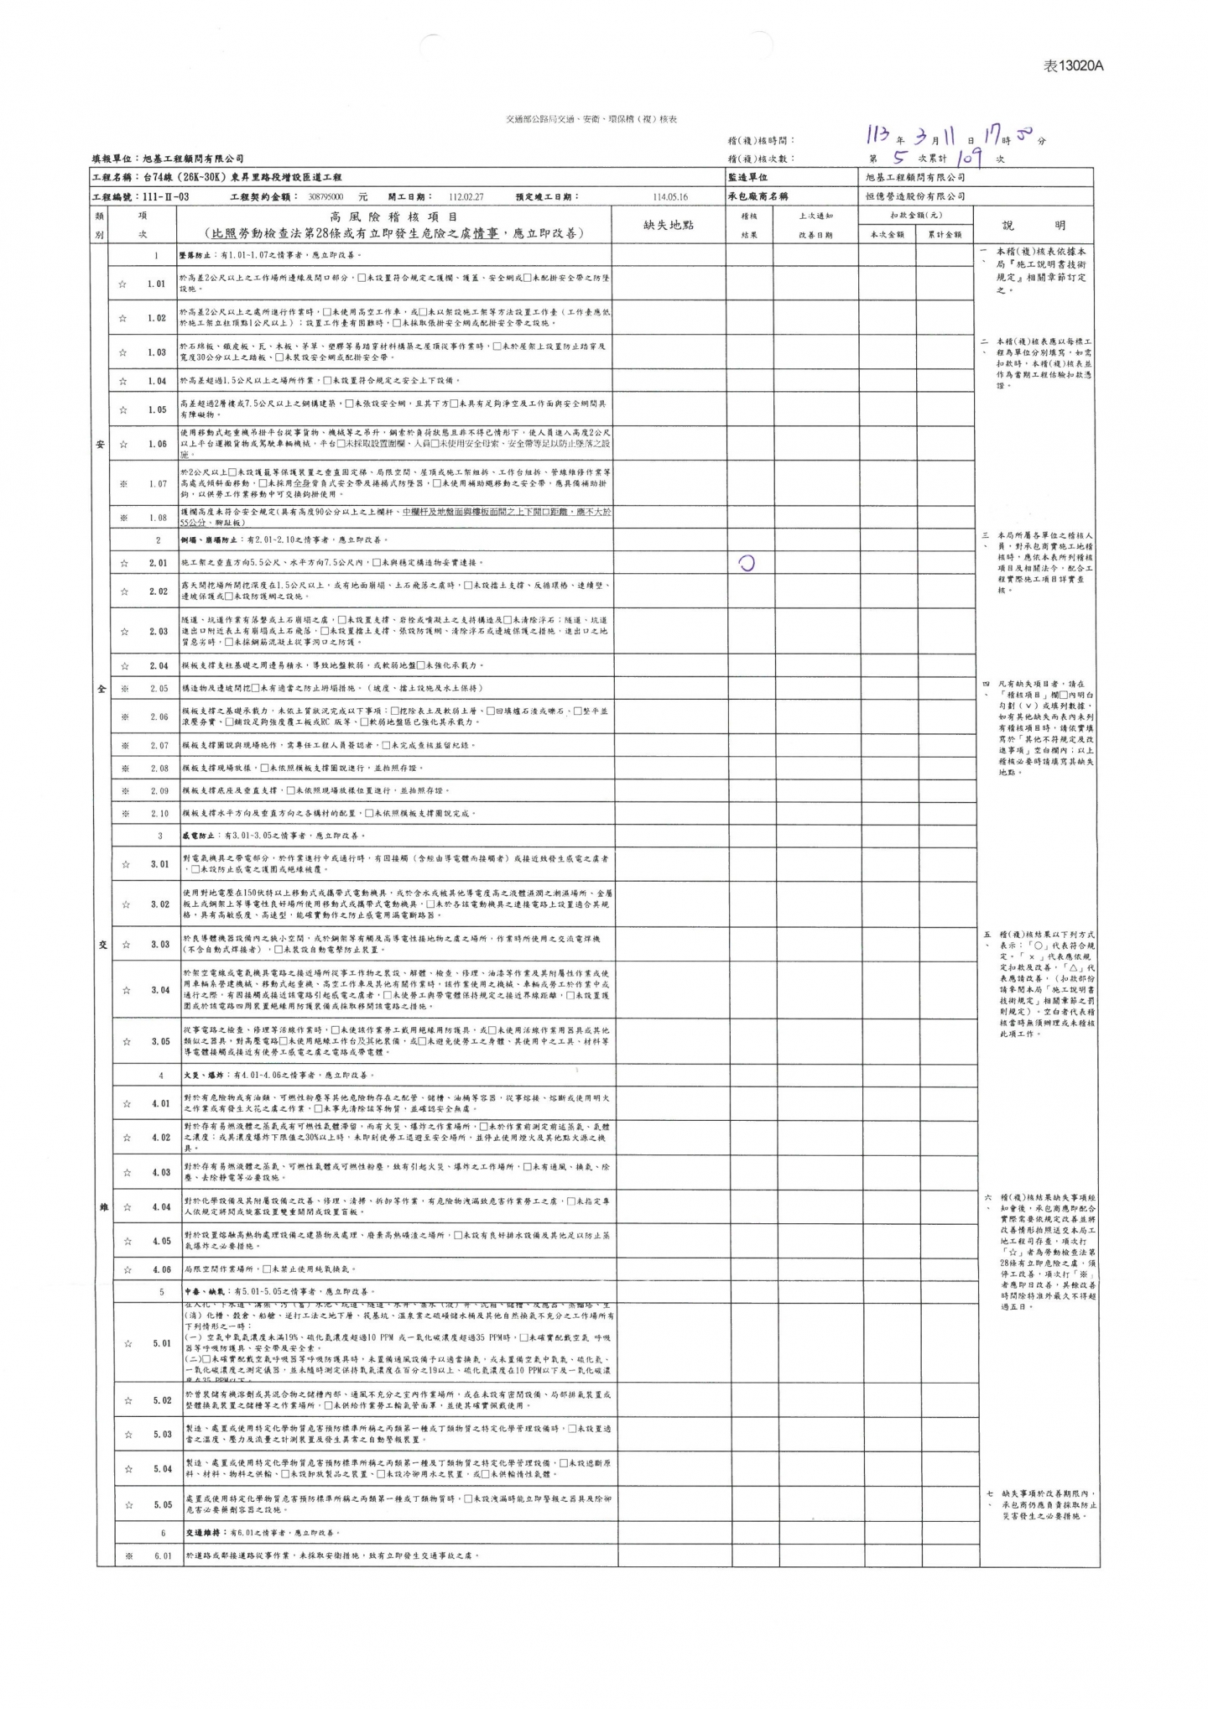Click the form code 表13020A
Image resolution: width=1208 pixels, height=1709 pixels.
1073,66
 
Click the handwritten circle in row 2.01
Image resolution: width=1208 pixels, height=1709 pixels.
746,563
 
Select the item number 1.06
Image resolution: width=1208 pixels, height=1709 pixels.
157,444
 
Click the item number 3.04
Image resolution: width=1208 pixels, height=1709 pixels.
160,990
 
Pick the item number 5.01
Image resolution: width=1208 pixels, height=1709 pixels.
161,1343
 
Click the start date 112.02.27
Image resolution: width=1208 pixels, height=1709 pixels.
466,196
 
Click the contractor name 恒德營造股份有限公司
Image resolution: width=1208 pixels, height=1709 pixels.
915,196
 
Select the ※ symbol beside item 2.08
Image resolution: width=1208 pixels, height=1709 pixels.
123,768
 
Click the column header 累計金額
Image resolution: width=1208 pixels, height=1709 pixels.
944,235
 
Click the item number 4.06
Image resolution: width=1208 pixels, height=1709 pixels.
161,1269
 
